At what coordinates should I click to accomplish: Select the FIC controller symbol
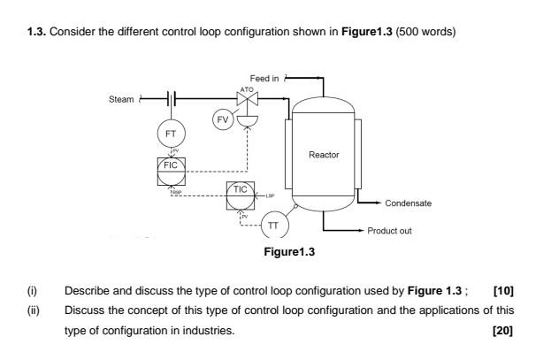[171, 166]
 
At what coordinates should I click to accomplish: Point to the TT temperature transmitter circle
[275, 226]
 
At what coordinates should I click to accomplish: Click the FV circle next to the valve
[222, 117]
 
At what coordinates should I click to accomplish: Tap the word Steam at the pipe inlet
[120, 99]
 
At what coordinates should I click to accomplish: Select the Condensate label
[409, 203]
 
